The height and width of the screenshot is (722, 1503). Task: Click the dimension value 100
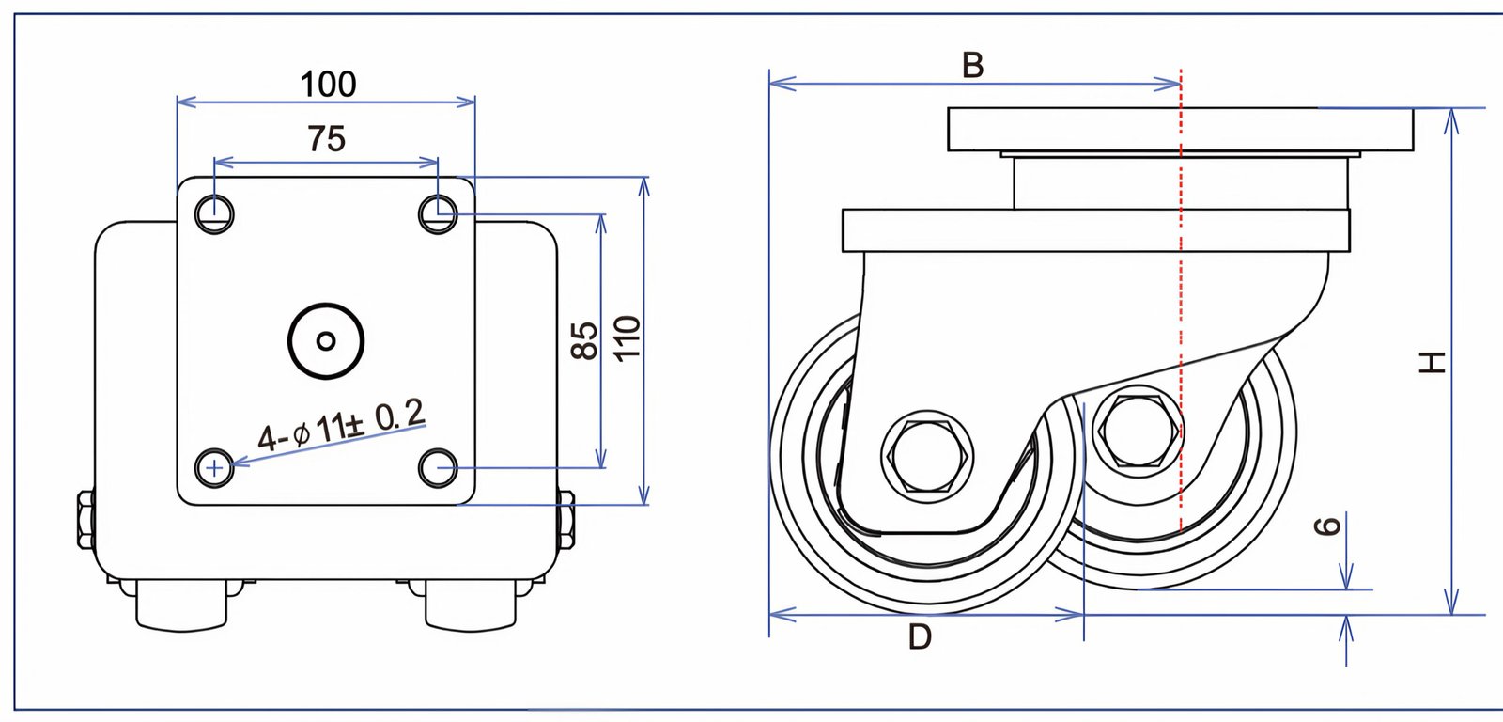tap(328, 85)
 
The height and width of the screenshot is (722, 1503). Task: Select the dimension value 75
tap(326, 139)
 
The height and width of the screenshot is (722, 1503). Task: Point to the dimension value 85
tap(584, 339)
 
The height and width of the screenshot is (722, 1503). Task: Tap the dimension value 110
tap(628, 337)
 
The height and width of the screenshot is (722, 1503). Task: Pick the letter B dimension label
tap(972, 66)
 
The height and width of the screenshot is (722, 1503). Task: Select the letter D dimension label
tap(920, 637)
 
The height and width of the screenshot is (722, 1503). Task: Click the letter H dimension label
tap(1432, 362)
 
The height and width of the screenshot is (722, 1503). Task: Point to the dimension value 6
tap(1326, 526)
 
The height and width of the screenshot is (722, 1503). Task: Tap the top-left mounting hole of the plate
tap(215, 214)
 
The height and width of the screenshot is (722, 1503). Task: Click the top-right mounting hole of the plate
tap(438, 212)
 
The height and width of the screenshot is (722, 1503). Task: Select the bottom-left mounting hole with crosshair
tap(216, 466)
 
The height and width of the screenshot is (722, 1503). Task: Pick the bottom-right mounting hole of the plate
tap(438, 467)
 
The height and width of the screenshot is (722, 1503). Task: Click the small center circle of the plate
tap(326, 341)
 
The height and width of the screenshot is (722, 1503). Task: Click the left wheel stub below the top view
tap(181, 605)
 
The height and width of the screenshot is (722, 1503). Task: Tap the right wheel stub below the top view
tap(470, 605)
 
